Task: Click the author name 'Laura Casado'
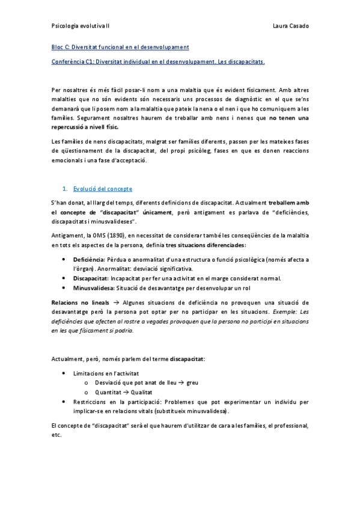(290, 26)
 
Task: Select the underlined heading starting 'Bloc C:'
(120, 47)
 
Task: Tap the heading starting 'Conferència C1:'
(158, 61)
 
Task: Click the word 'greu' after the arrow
(192, 382)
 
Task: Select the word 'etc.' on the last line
(57, 435)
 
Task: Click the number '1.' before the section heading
(66, 189)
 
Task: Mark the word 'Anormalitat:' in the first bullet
(114, 268)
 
